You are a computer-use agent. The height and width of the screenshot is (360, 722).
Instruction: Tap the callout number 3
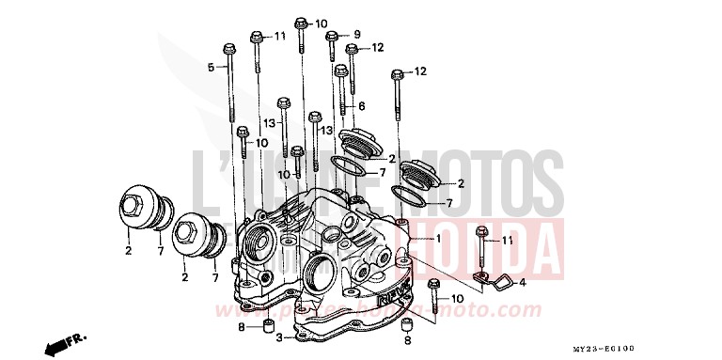coord(278,336)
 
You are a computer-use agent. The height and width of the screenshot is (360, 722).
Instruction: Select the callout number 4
coord(523,283)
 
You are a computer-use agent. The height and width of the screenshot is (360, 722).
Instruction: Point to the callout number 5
coord(212,67)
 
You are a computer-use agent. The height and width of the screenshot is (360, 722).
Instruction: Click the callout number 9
coord(357,35)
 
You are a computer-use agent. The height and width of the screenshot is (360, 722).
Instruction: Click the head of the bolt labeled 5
coord(228,47)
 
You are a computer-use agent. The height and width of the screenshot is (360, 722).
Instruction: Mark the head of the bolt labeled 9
coord(332,37)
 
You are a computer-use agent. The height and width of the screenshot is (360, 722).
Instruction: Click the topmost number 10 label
coord(322,23)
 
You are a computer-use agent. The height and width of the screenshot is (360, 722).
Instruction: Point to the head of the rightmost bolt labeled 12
coord(398,73)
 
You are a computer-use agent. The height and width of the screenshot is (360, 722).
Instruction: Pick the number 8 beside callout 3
coord(241,326)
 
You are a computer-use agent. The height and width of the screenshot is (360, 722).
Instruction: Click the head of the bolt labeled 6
coord(341,70)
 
